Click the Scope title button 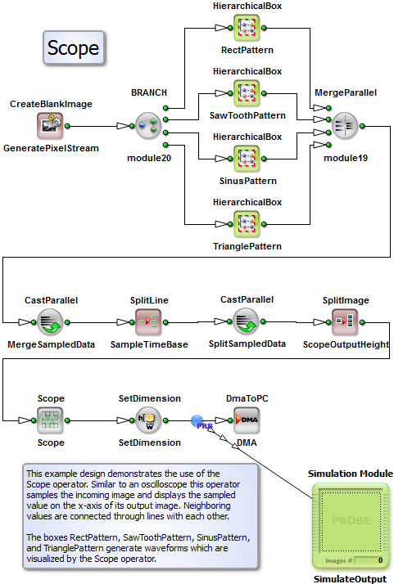(74, 48)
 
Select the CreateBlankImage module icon (50, 126)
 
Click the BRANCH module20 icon (148, 126)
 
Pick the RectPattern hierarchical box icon (247, 28)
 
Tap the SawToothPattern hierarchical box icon (247, 93)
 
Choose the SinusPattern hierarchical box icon (247, 159)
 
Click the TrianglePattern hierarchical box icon (247, 224)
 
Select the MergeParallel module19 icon (345, 126)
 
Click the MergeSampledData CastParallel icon (50, 322)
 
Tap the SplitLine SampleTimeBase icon (148, 322)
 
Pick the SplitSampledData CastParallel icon (246, 321)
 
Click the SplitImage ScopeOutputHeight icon (345, 322)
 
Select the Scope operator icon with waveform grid (50, 420)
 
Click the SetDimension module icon (148, 420)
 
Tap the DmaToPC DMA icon (247, 420)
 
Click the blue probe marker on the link (197, 421)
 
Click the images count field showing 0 (369, 560)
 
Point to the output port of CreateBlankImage (67, 126)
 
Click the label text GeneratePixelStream (51, 148)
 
